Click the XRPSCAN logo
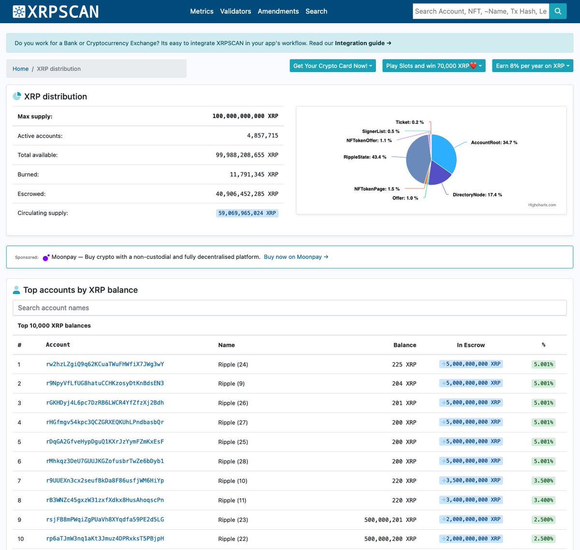[56, 12]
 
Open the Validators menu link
[235, 11]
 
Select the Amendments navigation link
[278, 11]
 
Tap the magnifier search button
[558, 11]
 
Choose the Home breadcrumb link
[20, 69]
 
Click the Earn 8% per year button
[532, 66]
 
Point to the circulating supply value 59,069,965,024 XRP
[247, 213]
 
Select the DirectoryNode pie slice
[438, 174]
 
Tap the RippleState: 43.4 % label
[365, 157]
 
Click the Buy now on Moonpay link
[296, 257]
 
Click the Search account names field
[290, 308]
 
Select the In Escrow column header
[471, 345]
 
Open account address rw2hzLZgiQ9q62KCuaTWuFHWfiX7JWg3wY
[105, 364]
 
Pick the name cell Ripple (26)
[233, 403]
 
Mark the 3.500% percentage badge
[543, 480]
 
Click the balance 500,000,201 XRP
[390, 520]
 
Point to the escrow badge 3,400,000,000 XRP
[471, 500]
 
